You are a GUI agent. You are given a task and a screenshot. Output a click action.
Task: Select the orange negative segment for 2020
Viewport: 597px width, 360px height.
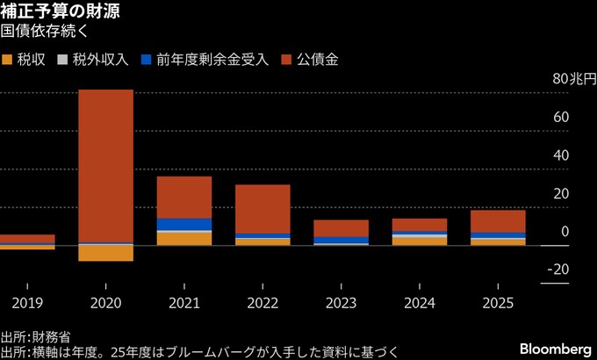pyautogui.click(x=105, y=253)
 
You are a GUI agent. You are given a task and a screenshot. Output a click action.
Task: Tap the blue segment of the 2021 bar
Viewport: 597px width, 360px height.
pyautogui.click(x=183, y=225)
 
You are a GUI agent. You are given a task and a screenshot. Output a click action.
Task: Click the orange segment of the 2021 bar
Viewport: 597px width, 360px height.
pyautogui.click(x=183, y=238)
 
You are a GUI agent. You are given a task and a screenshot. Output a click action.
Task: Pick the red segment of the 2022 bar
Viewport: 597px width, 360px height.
pyautogui.click(x=263, y=209)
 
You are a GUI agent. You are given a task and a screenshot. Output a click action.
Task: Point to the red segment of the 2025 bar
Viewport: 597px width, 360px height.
pyautogui.click(x=498, y=221)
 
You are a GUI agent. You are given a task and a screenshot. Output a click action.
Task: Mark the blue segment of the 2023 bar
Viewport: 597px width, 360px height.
pyautogui.click(x=341, y=240)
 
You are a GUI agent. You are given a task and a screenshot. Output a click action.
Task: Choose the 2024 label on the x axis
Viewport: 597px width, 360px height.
pyautogui.click(x=419, y=302)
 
